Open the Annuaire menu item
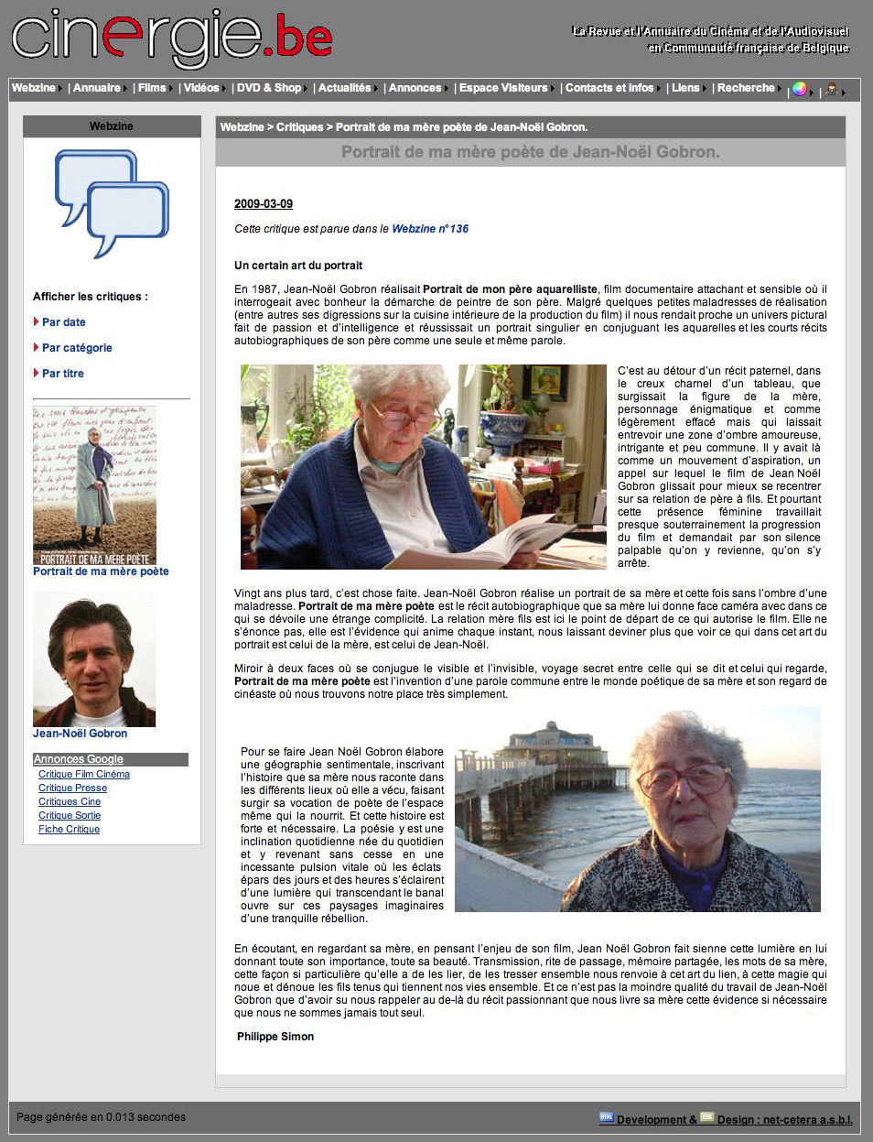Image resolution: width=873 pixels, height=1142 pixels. (97, 88)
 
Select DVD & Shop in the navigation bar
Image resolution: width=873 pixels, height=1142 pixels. (268, 88)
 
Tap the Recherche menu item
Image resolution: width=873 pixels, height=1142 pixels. (745, 88)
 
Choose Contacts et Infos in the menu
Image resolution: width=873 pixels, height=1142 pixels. (609, 88)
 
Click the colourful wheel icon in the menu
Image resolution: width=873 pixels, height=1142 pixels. (800, 89)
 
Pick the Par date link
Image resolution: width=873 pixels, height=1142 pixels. (64, 322)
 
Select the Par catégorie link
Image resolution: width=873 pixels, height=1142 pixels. (77, 348)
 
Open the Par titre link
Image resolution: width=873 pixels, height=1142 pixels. (63, 374)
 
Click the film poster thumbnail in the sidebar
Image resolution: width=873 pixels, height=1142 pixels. (94, 485)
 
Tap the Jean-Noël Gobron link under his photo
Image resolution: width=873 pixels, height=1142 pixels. (81, 734)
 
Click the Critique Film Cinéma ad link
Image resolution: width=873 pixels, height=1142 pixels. (84, 775)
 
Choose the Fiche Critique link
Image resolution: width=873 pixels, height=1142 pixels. (70, 830)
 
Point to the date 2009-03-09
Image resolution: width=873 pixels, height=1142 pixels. (264, 204)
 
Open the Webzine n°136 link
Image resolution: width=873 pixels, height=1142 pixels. (430, 229)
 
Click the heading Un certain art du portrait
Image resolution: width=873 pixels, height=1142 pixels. (298, 266)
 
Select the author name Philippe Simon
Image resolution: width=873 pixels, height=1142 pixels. (275, 1037)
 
